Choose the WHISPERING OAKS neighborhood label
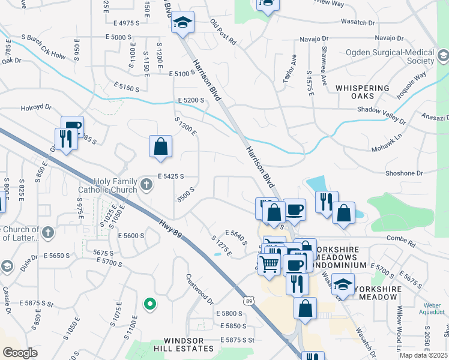[x=363, y=92]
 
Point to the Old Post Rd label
[x=223, y=33]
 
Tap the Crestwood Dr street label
[x=199, y=289]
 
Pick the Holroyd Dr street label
[x=37, y=107]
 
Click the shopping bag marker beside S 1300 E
[x=160, y=146]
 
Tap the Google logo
[x=20, y=352]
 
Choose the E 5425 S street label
[x=170, y=176]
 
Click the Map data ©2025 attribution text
[x=424, y=355]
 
